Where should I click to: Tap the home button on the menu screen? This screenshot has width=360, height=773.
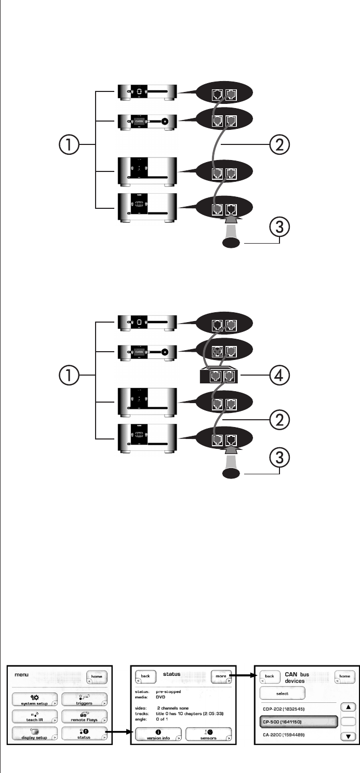pos(97,687)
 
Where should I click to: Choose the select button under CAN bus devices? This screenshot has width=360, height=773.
pos(282,704)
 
